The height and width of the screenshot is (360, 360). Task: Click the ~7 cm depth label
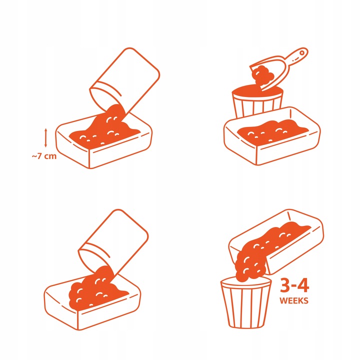pyautogui.click(x=44, y=156)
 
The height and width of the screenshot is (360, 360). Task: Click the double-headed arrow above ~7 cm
pyautogui.click(x=45, y=138)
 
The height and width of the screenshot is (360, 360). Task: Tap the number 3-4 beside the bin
pyautogui.click(x=294, y=285)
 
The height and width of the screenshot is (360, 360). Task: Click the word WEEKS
pyautogui.click(x=294, y=300)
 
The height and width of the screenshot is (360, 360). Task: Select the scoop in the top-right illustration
pyautogui.click(x=279, y=69)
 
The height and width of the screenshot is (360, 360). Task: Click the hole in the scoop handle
pyautogui.click(x=302, y=53)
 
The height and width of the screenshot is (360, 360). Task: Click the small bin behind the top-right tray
pyautogui.click(x=257, y=101)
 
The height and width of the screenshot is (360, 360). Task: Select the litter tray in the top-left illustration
pyautogui.click(x=104, y=140)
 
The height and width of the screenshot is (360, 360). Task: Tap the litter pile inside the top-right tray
pyautogui.click(x=272, y=130)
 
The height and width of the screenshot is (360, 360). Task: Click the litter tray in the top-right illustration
pyautogui.click(x=272, y=136)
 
